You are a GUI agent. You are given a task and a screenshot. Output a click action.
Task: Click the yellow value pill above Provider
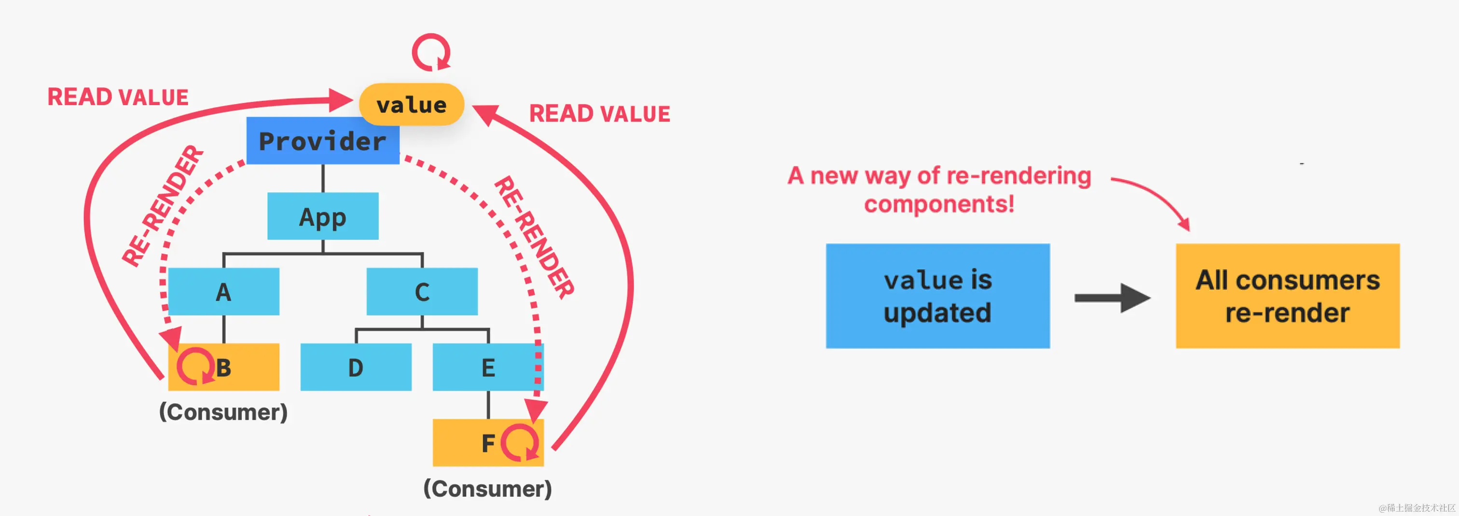412,104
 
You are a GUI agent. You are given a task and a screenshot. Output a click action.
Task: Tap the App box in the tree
323,216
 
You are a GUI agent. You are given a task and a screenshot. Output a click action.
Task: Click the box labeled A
224,291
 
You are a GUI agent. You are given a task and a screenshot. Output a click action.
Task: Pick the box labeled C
422,291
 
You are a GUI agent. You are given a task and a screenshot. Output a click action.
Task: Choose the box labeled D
356,367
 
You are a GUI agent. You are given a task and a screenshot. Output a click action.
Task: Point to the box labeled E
488,367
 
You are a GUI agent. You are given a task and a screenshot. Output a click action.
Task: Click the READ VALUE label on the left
118,97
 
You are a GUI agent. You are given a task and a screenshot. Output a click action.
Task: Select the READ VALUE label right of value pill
600,114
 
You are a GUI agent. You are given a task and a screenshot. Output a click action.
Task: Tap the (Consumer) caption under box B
223,412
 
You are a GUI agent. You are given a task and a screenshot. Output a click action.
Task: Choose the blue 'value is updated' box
938,296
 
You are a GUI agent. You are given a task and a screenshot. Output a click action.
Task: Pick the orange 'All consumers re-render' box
1288,296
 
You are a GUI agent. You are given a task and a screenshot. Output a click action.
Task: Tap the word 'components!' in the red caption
939,204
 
